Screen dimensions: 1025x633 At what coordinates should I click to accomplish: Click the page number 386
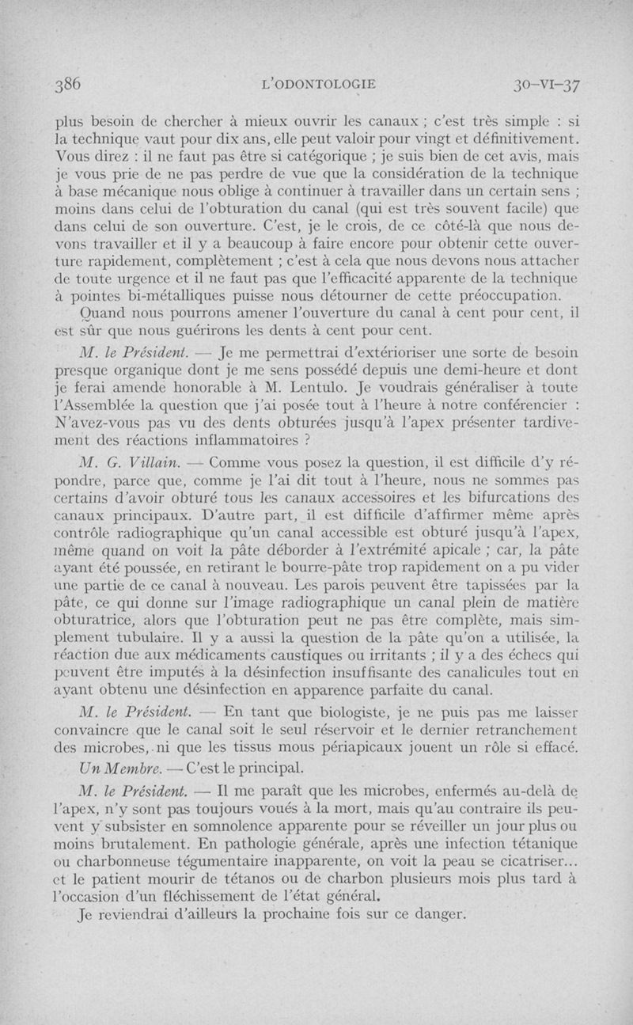(68, 85)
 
